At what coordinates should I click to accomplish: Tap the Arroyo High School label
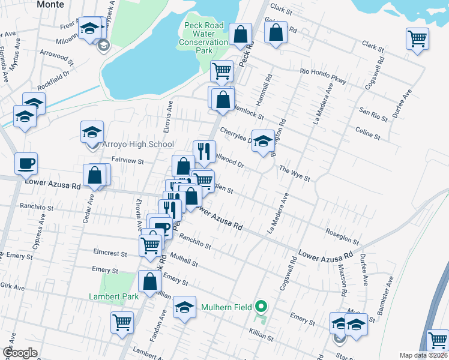tap(139, 144)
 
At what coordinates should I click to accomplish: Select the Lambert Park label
tap(113, 296)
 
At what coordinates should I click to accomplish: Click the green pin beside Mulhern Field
tap(260, 307)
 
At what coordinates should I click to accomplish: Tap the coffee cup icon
tap(26, 163)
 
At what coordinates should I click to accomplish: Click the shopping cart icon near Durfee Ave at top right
tap(417, 38)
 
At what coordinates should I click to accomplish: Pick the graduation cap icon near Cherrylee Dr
tap(262, 141)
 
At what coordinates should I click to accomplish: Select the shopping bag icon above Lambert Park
tap(149, 281)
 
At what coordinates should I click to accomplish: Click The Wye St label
tap(294, 173)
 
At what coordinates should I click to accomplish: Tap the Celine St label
tap(368, 133)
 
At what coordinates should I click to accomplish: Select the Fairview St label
tap(128, 161)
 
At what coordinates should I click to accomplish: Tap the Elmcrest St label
tap(110, 253)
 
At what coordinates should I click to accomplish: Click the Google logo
tap(20, 353)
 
